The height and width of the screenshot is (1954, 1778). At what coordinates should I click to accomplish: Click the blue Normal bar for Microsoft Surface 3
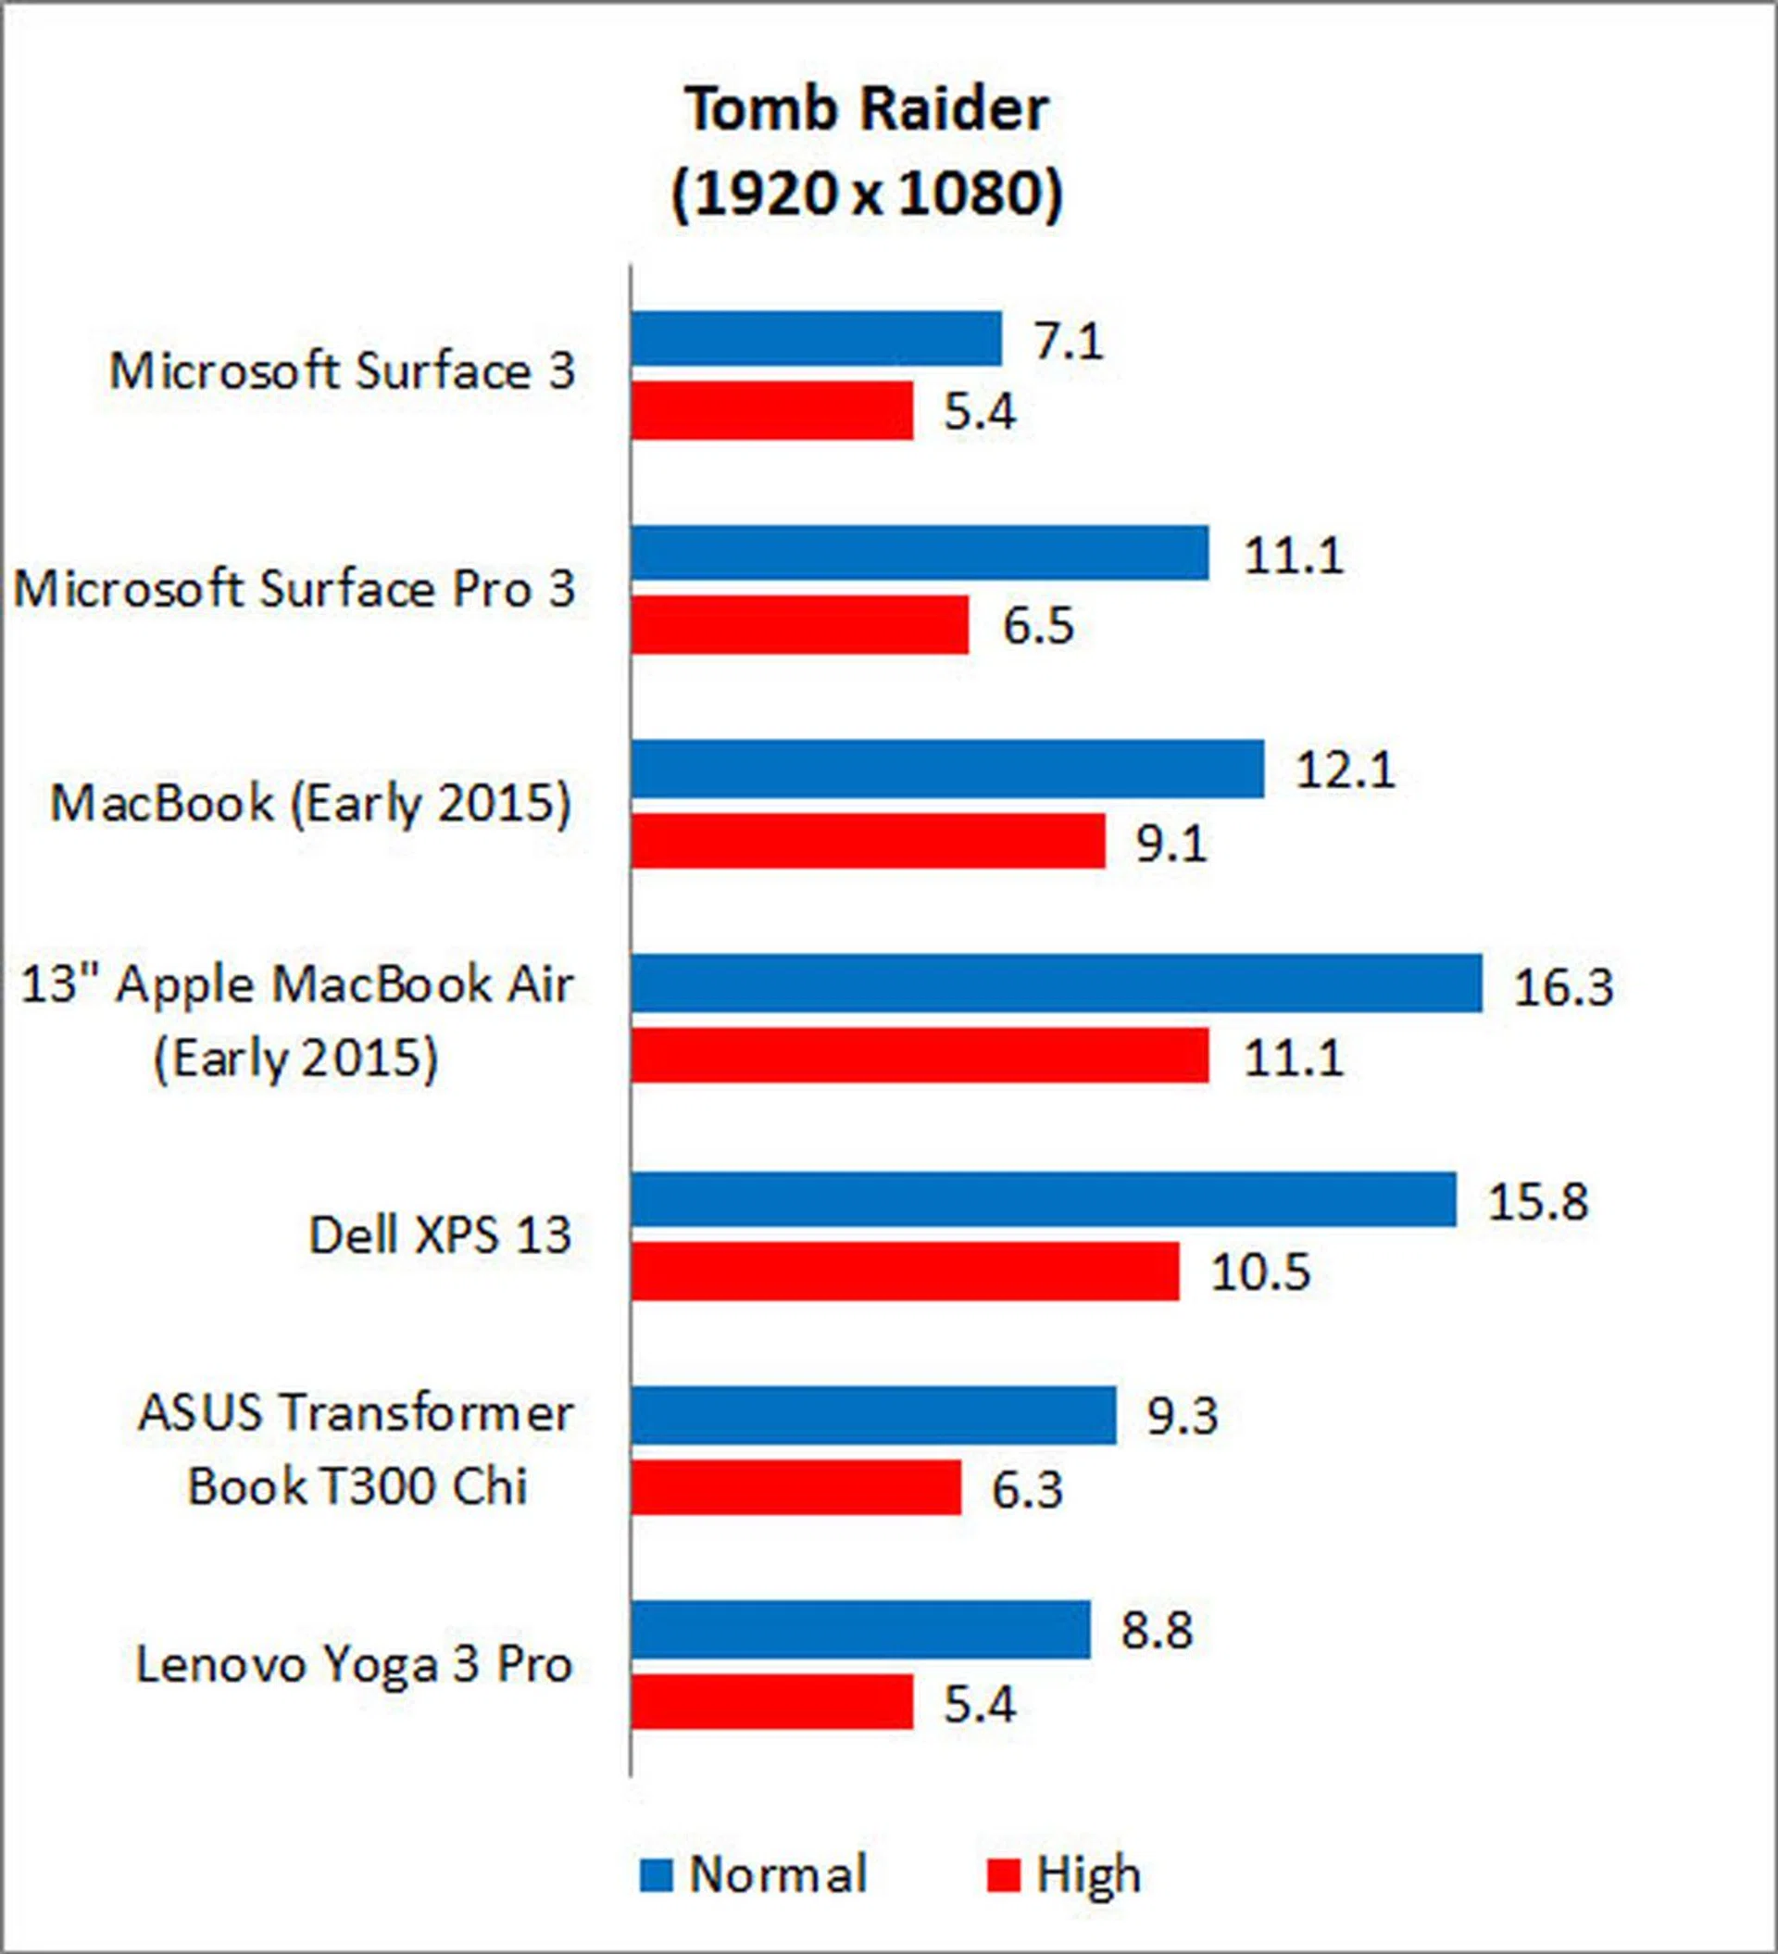pos(815,338)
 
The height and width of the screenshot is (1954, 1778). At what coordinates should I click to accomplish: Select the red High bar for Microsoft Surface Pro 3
pos(800,624)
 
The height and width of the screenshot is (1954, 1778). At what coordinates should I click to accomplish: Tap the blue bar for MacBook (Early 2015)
pos(947,769)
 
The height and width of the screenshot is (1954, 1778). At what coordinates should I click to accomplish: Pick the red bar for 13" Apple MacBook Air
pos(920,1055)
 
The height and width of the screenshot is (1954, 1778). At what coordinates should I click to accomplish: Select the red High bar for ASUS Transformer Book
pos(795,1487)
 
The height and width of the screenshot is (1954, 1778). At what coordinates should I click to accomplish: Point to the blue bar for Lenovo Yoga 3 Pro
pos(861,1629)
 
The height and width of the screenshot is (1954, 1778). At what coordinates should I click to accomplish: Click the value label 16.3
pos(1563,986)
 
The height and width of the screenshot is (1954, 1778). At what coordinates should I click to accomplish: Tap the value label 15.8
pos(1537,1201)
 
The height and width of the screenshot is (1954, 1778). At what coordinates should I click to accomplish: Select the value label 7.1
pos(1069,341)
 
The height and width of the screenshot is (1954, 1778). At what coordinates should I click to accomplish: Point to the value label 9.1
pos(1171,844)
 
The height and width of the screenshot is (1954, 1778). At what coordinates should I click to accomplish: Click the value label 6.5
pos(1037,625)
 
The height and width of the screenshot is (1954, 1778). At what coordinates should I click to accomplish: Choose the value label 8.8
pos(1157,1629)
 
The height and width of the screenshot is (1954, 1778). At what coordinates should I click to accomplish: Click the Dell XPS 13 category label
pos(439,1234)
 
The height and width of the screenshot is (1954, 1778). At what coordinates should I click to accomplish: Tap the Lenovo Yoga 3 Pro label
pos(354,1664)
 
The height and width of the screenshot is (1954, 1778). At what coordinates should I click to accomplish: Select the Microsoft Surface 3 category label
pos(343,370)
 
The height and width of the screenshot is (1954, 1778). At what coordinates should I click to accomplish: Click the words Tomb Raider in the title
pos(868,108)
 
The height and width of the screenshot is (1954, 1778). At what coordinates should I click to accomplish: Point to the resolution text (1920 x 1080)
pos(868,194)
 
